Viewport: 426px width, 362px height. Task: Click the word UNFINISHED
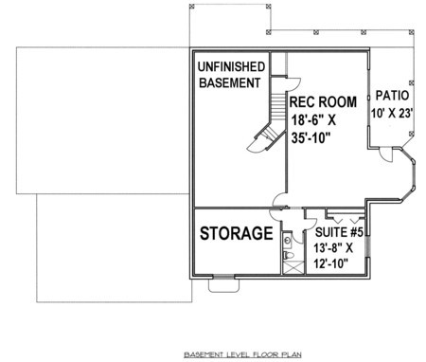click(231, 66)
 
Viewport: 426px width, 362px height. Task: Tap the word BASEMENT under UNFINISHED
click(230, 82)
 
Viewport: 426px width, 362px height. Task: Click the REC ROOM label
click(323, 102)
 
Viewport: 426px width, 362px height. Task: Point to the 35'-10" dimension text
click(311, 137)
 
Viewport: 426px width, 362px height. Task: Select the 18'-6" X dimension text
click(313, 120)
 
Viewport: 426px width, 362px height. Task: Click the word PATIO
click(392, 95)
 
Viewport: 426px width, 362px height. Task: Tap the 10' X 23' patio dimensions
click(392, 113)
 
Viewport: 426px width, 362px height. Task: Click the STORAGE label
click(237, 233)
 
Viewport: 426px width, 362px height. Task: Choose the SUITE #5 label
click(339, 232)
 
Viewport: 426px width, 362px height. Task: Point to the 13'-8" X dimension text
click(333, 248)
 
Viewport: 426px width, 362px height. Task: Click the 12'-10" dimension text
click(330, 263)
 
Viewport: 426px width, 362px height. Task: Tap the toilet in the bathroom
click(288, 255)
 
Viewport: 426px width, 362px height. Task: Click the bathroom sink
click(287, 241)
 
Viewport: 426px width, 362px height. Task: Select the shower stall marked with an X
click(293, 267)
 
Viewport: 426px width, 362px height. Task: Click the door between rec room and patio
click(386, 155)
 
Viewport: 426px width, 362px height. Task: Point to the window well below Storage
click(223, 285)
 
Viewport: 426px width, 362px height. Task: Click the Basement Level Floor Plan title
click(242, 354)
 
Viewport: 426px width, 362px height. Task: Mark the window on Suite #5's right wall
click(367, 246)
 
